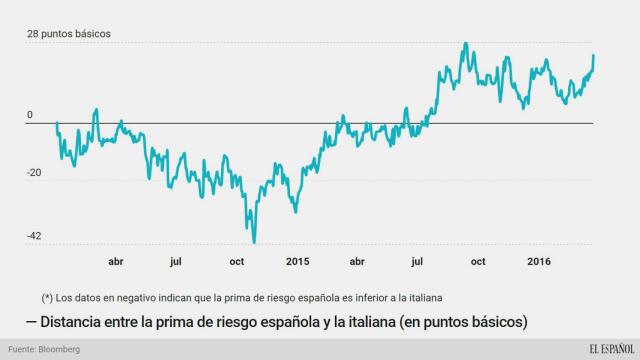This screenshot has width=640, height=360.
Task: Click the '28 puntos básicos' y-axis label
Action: tap(69, 33)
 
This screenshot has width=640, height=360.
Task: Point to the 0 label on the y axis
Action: tap(30, 115)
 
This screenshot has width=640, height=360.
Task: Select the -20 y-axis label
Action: tap(35, 173)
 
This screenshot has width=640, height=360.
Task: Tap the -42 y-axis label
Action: tap(35, 236)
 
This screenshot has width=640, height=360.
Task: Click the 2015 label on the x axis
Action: tap(298, 262)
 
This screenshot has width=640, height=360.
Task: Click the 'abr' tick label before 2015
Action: tap(115, 262)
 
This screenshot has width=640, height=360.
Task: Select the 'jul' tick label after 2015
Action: tap(418, 262)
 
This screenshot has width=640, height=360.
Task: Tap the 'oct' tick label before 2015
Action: tap(238, 262)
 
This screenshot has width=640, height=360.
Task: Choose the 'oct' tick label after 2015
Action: tap(478, 262)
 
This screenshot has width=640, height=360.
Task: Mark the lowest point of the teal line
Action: tap(254, 242)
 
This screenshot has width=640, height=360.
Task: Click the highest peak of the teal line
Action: tap(466, 44)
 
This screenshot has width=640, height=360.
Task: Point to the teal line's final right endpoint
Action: tap(594, 55)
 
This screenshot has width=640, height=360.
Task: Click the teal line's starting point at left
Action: tap(57, 123)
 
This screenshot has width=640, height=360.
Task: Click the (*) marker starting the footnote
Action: tap(47, 297)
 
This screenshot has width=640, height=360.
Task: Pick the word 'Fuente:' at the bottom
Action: tap(23, 349)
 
